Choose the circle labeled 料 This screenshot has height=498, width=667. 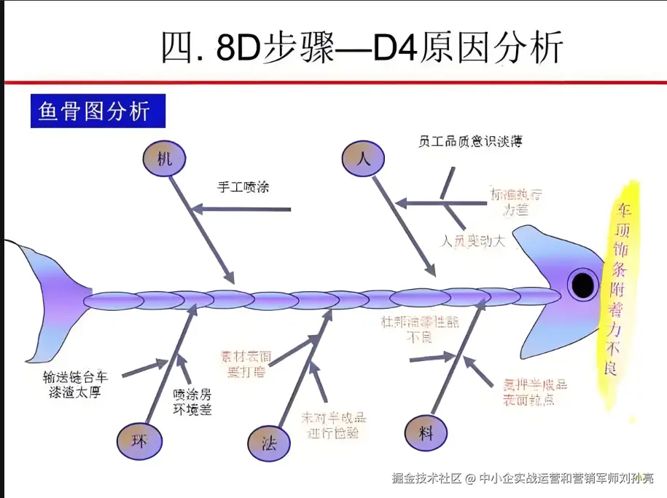[426, 432]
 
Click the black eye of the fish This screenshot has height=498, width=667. [582, 284]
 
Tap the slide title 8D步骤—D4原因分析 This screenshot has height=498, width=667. [362, 48]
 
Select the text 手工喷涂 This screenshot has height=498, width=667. [243, 186]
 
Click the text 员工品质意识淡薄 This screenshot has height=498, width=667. [470, 141]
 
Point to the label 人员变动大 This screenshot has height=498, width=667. [474, 240]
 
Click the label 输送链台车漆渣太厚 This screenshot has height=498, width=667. [75, 384]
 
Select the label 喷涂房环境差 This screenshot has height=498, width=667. [192, 400]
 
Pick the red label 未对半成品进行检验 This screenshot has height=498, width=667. [334, 426]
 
